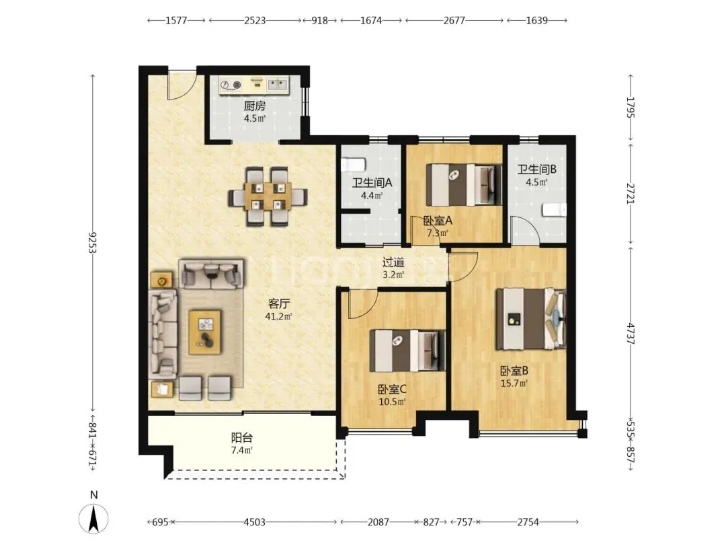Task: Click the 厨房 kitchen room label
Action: tap(255, 106)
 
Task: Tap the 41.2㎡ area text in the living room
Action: tap(278, 316)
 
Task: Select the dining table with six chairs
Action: tap(268, 196)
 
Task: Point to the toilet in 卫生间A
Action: tap(354, 165)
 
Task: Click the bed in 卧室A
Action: tap(463, 184)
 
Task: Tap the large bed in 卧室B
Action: tap(530, 319)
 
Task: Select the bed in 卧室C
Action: tap(407, 351)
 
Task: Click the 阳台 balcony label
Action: tap(242, 437)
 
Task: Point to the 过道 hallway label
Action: tap(393, 262)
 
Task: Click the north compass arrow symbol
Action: tap(93, 518)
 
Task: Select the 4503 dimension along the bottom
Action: tap(254, 522)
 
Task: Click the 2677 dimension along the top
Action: tap(454, 20)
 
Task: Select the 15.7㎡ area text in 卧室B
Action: tap(514, 384)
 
